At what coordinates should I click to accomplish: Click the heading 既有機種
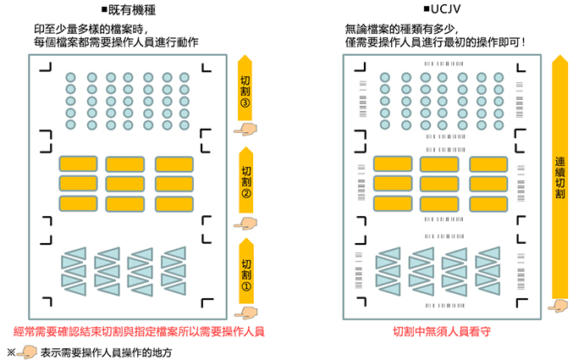(134, 11)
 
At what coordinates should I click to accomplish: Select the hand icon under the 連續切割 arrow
(558, 305)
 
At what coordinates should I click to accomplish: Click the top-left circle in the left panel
(70, 78)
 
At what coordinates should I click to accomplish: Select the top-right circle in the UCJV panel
(500, 78)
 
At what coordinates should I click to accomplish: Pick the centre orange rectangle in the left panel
(125, 183)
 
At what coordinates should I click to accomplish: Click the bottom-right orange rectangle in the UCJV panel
(488, 202)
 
